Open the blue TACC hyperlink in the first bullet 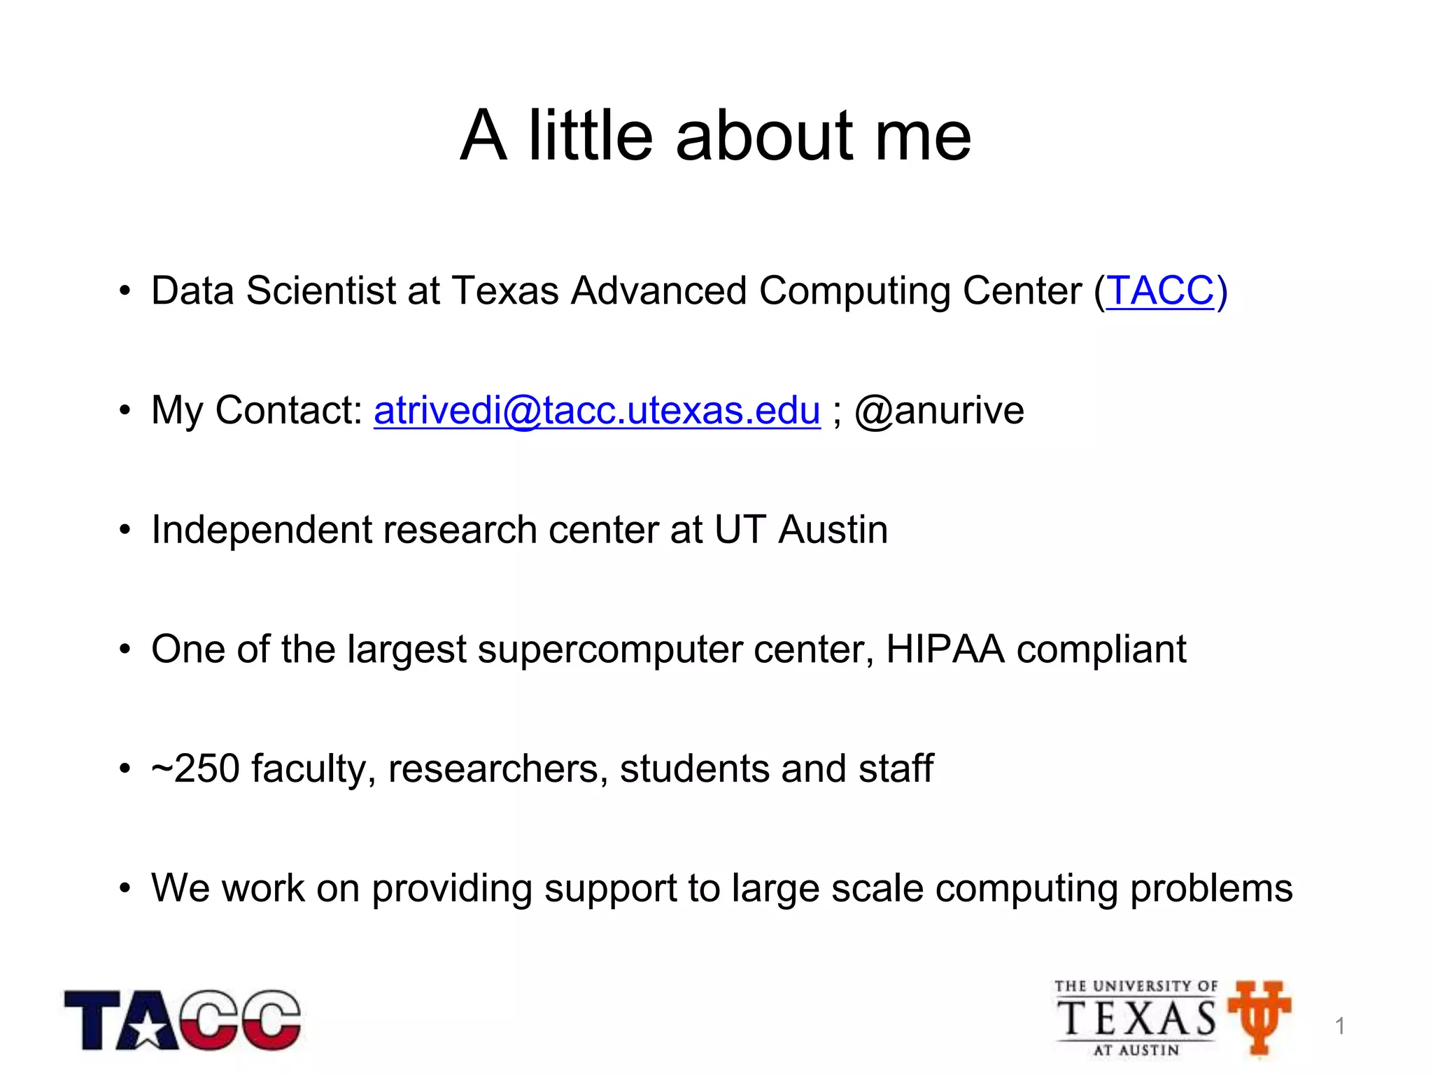coord(1160,290)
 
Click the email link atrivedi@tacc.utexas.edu coord(597,410)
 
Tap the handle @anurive coord(939,410)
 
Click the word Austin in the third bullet coord(833,530)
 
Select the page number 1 coord(1340,1026)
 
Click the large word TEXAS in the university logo coord(1136,1018)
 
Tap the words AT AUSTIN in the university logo coord(1136,1050)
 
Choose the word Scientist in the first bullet coord(321,290)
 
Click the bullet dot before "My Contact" coord(125,410)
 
